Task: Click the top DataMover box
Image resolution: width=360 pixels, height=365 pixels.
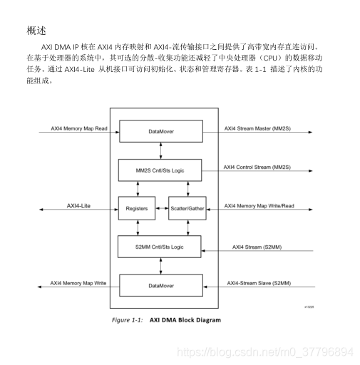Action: [x=160, y=132]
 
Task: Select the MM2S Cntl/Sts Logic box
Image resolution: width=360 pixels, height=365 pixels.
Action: [x=160, y=170]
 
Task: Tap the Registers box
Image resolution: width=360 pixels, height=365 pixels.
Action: [x=136, y=208]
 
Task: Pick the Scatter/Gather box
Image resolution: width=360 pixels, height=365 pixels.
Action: [x=187, y=208]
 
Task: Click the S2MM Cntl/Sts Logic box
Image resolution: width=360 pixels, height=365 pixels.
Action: [x=160, y=247]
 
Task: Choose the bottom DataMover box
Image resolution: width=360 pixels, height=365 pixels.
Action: [x=160, y=284]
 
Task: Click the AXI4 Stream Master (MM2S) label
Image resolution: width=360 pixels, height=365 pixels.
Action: [x=256, y=128]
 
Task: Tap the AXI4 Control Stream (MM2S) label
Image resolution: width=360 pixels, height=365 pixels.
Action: [x=257, y=167]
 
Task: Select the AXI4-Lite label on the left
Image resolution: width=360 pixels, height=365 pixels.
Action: [x=79, y=205]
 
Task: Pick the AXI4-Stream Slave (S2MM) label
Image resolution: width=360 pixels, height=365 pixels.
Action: [x=259, y=283]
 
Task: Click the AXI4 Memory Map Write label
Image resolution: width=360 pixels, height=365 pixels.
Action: [x=78, y=283]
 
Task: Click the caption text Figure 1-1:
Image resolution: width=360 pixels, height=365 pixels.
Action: [x=128, y=319]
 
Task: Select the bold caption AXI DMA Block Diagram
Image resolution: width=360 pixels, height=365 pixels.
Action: [x=185, y=319]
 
